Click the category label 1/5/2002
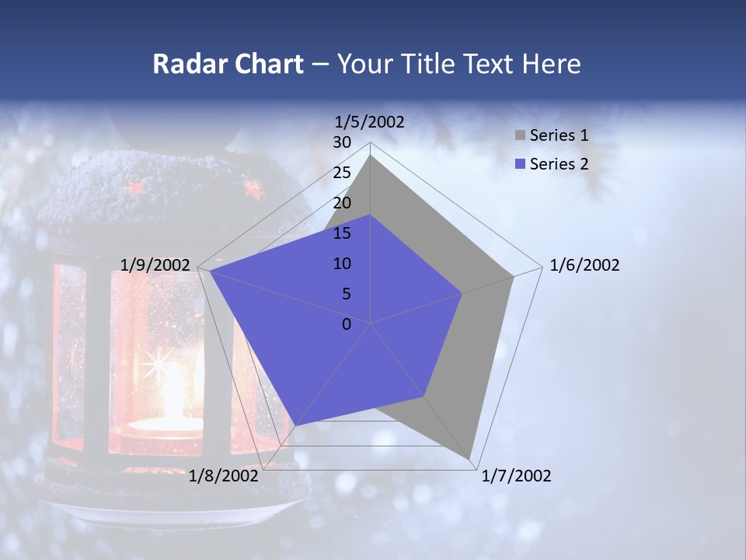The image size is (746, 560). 369,121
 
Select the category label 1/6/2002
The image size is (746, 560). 584,265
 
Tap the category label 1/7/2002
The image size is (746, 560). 516,476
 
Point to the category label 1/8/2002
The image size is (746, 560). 224,476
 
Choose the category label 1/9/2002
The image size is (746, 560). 155,265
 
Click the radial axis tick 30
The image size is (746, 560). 342,142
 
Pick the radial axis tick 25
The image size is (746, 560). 342,173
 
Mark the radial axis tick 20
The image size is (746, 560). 342,203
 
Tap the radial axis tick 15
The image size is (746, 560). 342,233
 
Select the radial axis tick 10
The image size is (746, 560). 342,264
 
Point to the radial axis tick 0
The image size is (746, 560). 347,324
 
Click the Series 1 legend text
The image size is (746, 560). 559,135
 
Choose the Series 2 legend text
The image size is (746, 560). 559,164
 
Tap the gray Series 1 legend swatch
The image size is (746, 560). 520,135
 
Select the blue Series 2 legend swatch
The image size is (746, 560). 520,164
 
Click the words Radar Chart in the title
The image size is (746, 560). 228,64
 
